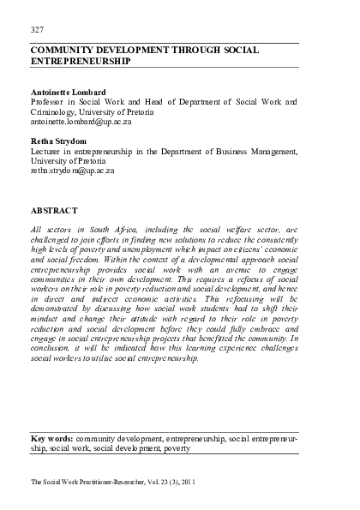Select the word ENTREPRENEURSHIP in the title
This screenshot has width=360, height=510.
79,63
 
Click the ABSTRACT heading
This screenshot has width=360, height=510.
53,210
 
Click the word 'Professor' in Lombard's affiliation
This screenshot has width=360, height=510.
53,102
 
